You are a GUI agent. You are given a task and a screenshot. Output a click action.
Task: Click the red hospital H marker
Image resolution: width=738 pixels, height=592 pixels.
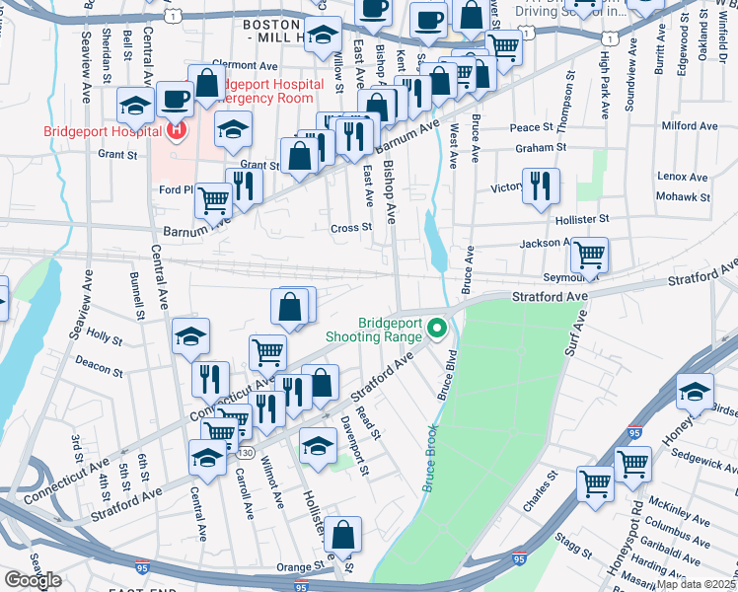click(x=177, y=129)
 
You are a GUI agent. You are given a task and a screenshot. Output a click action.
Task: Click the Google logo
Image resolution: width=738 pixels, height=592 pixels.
click(x=33, y=580)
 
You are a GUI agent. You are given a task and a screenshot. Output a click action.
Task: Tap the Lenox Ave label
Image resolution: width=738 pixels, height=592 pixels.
click(x=684, y=177)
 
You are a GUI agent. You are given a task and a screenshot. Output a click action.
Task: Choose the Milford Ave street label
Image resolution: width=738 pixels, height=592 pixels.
click(x=690, y=126)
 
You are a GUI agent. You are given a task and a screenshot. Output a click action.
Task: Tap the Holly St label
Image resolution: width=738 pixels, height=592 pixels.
click(x=104, y=335)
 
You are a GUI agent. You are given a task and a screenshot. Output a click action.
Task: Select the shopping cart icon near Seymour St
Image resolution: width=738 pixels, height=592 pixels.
click(x=589, y=255)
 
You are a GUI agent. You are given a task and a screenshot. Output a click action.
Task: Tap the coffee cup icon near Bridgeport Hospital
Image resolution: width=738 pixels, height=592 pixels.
click(x=176, y=101)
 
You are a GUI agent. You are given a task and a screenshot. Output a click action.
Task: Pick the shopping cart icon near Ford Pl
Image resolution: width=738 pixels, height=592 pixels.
click(x=214, y=199)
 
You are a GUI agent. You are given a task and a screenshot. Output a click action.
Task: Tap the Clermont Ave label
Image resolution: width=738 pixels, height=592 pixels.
click(x=228, y=64)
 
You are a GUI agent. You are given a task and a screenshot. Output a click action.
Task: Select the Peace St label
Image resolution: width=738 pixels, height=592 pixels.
click(x=532, y=127)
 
